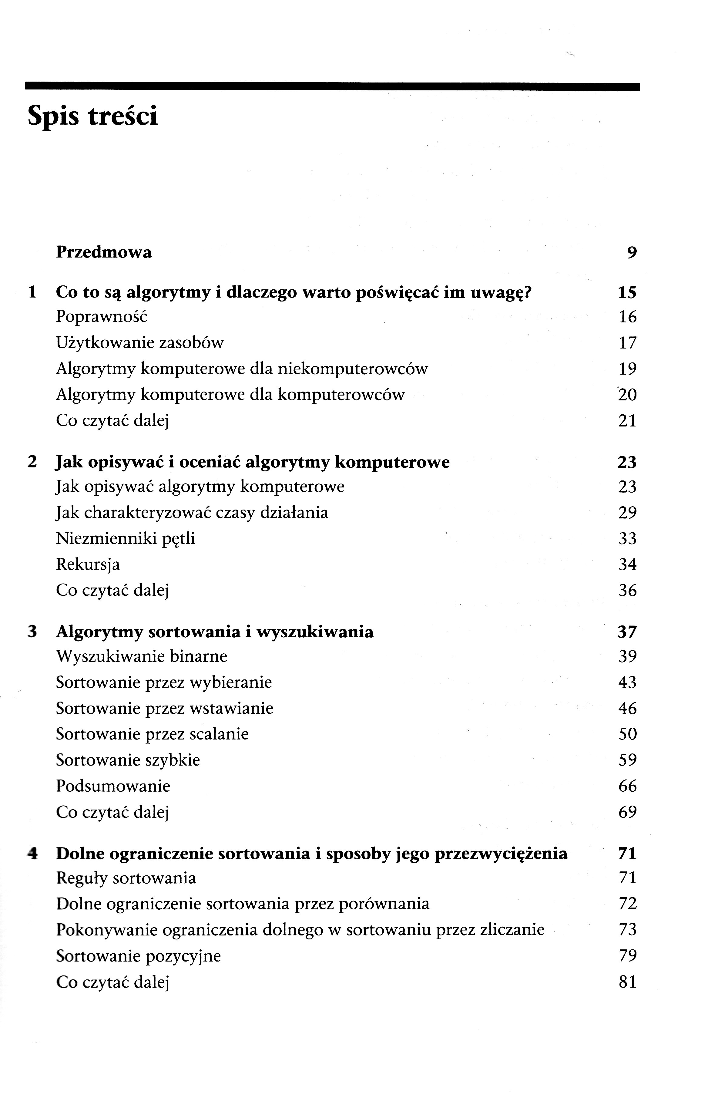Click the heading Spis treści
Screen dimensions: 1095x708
tap(92, 116)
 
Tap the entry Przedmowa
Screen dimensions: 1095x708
tap(104, 252)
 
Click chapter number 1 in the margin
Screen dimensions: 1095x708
tap(32, 292)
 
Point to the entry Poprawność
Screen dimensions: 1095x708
tap(102, 317)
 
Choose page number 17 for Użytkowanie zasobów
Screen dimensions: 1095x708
tap(627, 343)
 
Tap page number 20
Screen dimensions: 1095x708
tap(627, 395)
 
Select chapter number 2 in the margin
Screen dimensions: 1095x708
tap(32, 462)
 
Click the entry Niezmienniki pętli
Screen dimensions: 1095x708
tap(126, 538)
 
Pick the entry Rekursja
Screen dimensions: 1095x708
tap(88, 564)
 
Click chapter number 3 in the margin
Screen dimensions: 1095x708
tap(32, 632)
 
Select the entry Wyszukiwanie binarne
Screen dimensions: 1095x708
tap(142, 656)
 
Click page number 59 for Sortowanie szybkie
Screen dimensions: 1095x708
tap(627, 760)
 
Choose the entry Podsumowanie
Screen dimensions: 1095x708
tap(113, 786)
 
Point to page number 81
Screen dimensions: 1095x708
tap(627, 982)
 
